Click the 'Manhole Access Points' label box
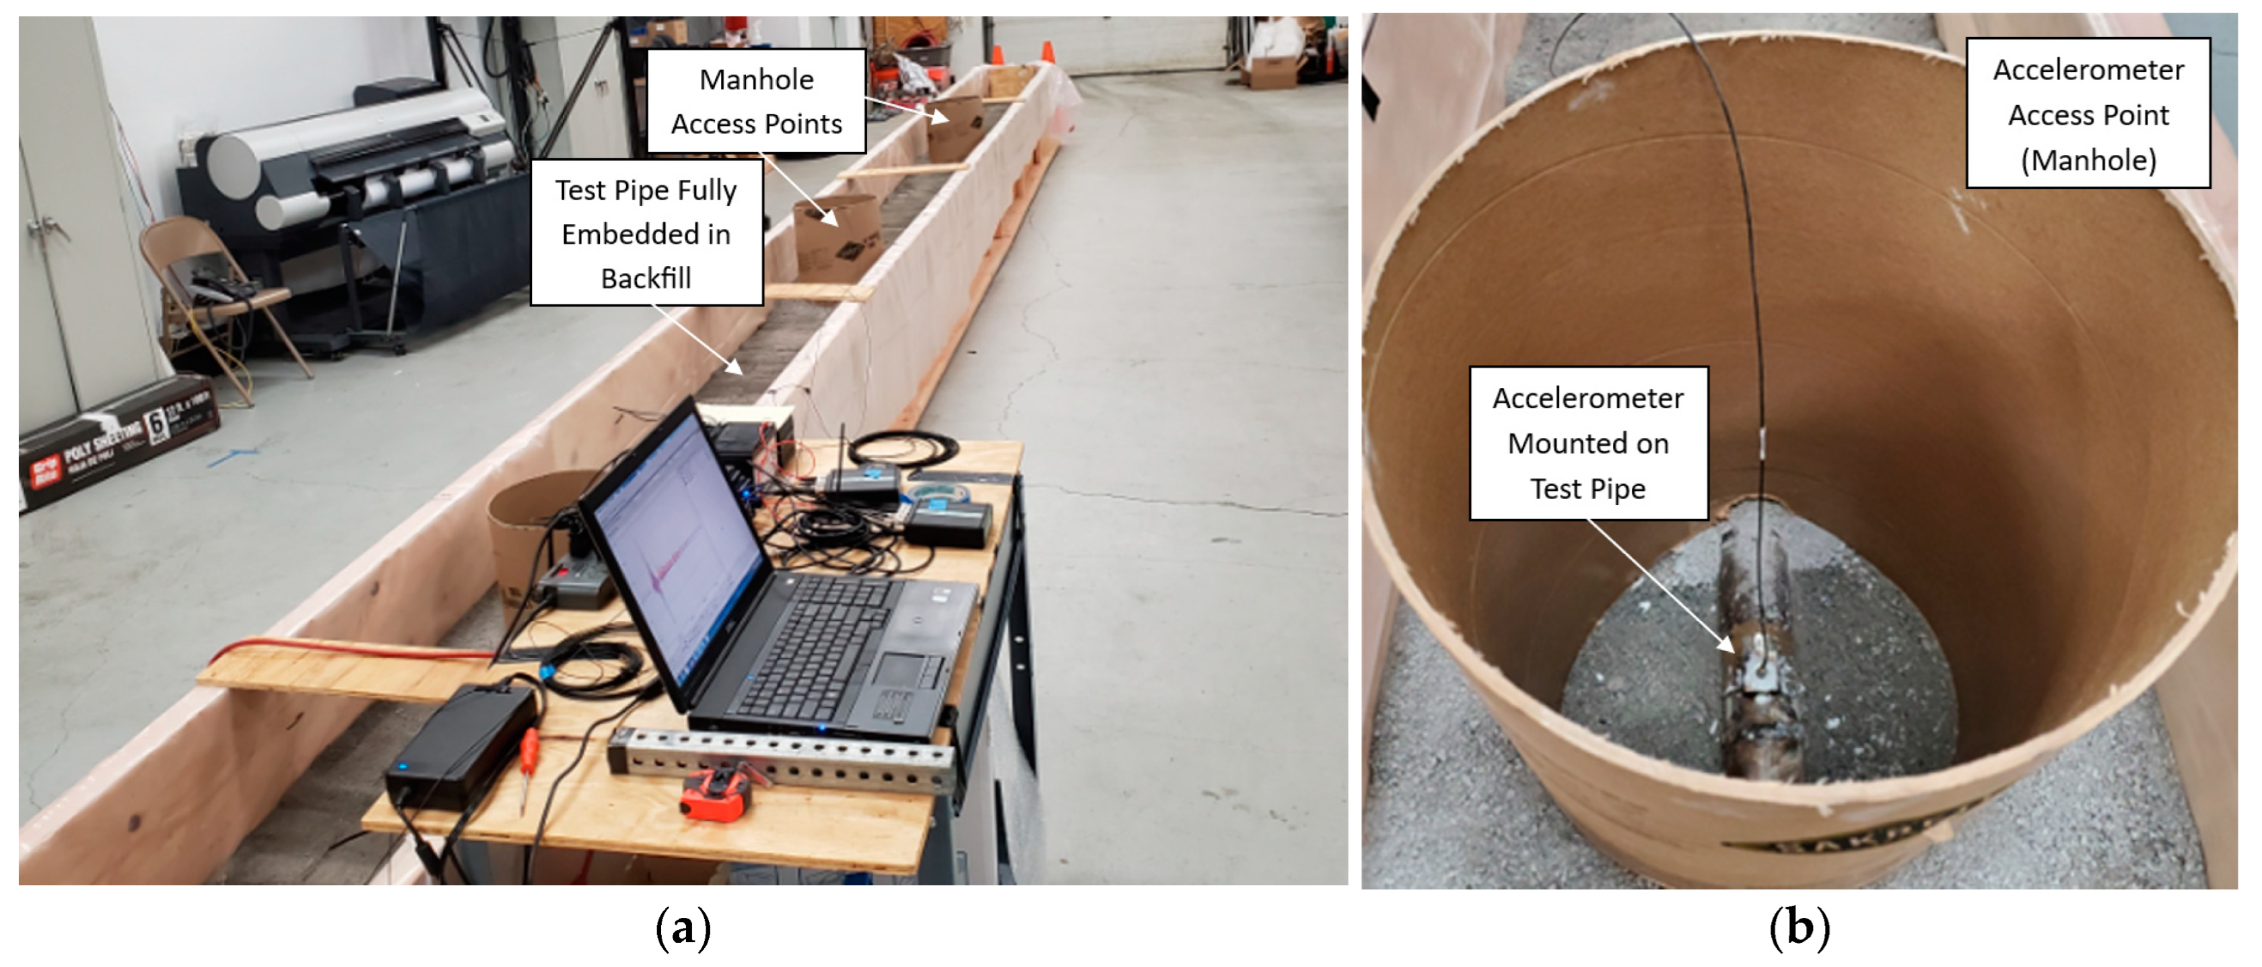pyautogui.click(x=756, y=101)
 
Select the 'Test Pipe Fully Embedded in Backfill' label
pyautogui.click(x=646, y=233)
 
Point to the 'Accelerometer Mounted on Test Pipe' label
pyautogui.click(x=1587, y=442)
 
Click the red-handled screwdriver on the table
pyautogui.click(x=528, y=764)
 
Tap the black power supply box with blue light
pyautogui.click(x=461, y=742)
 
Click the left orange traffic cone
pyautogui.click(x=998, y=55)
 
